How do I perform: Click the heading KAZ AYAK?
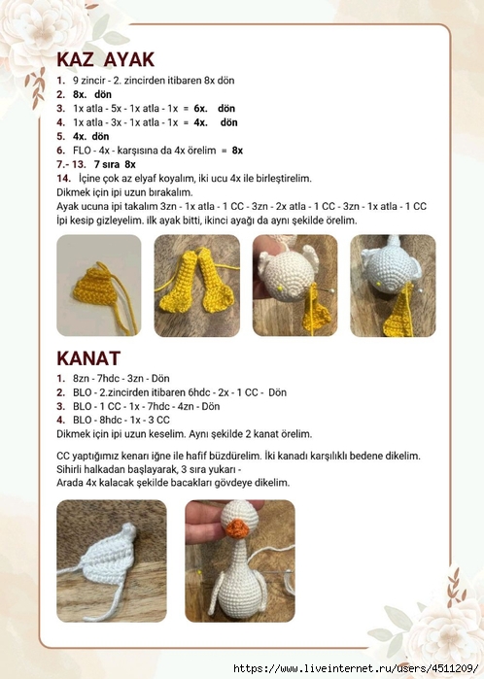click(x=105, y=59)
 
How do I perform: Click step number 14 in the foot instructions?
click(x=62, y=179)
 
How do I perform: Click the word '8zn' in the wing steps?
click(x=81, y=378)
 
